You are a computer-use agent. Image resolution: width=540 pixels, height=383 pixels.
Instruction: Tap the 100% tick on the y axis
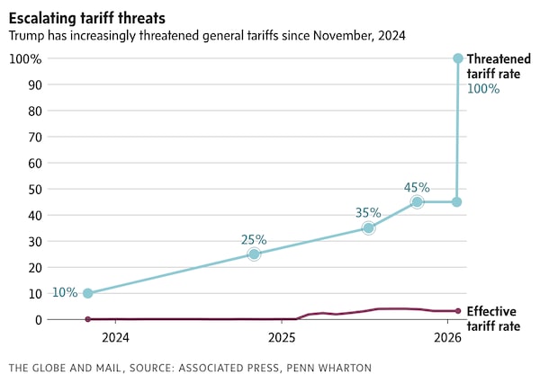pos(25,58)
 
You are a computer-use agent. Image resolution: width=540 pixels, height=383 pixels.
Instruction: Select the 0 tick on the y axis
pos(37,319)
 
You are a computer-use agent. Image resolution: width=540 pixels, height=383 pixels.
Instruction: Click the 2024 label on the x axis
pos(115,338)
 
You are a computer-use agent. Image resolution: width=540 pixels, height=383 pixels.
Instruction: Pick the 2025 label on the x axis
pos(282,338)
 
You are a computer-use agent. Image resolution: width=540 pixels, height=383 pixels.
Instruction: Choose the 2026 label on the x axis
pos(447,338)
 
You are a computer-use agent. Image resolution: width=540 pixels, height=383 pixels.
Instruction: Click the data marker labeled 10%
pos(87,293)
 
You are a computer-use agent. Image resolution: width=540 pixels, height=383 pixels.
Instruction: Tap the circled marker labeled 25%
pos(254,254)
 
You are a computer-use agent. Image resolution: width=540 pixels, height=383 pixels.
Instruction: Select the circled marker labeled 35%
pos(368,228)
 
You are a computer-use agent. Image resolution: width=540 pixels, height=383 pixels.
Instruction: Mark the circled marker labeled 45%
pos(417,202)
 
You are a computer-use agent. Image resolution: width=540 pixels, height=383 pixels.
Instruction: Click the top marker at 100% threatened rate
pos(457,58)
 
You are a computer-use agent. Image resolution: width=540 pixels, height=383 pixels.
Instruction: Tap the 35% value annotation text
pos(367,213)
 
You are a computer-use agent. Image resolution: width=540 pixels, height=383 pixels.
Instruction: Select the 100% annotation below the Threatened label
pos(482,89)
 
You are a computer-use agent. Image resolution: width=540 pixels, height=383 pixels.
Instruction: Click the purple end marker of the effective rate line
pos(457,311)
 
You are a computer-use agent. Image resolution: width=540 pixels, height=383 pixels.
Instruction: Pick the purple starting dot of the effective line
pos(87,319)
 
